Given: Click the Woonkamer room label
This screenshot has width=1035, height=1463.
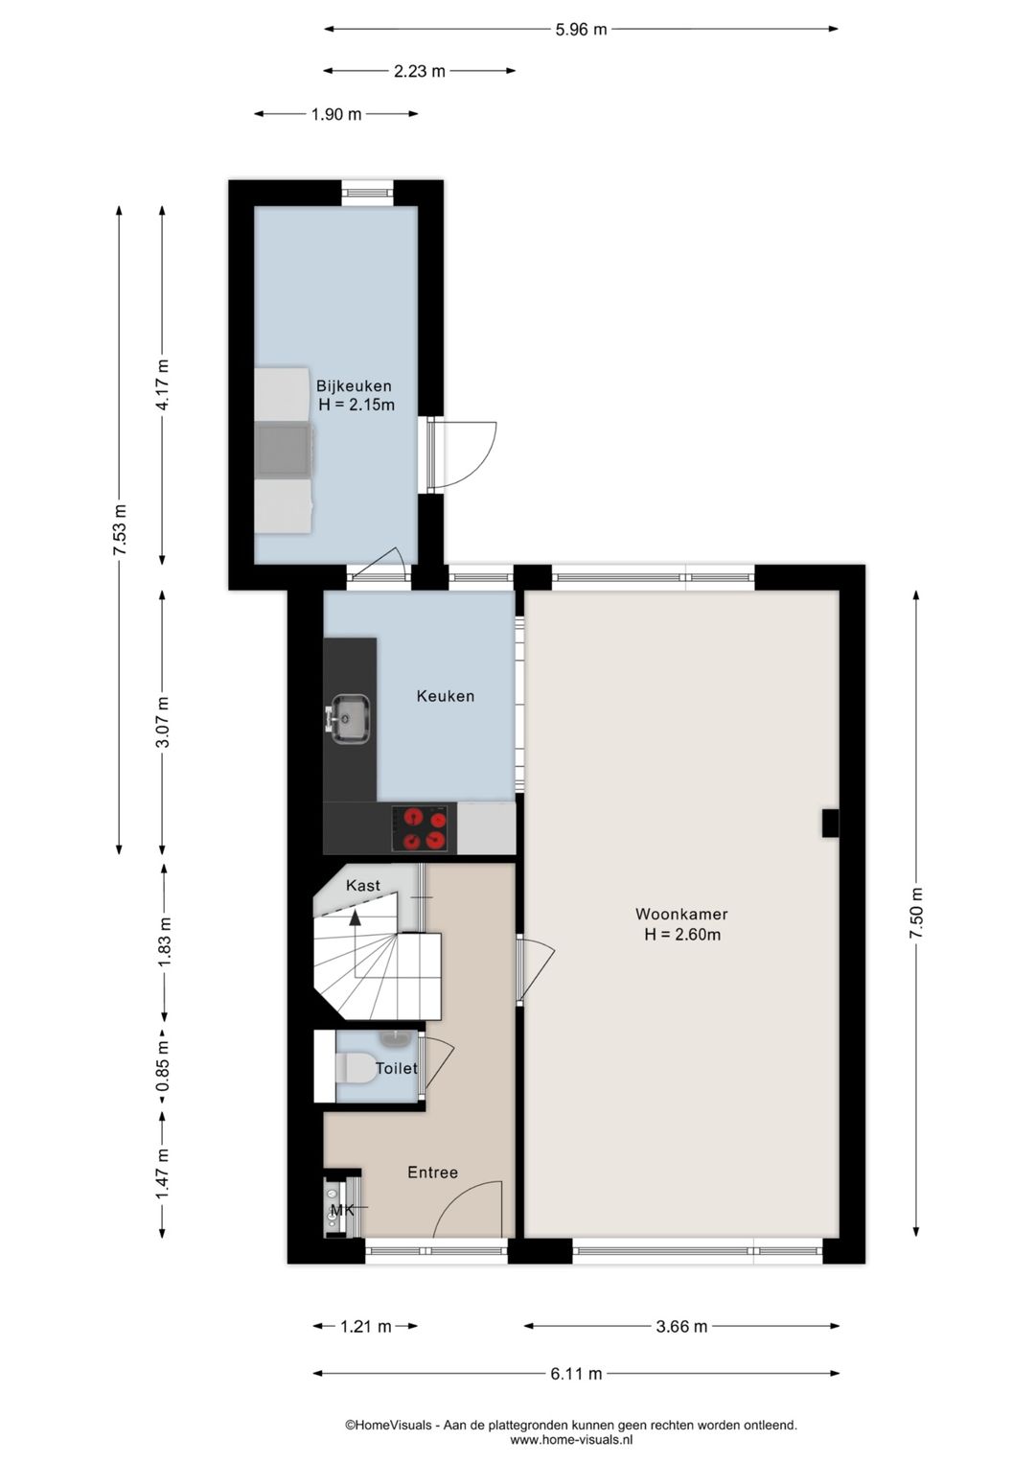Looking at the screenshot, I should [681, 915].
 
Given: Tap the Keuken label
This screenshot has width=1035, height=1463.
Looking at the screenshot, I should [445, 696].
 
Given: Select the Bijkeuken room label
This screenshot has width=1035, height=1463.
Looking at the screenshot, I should [354, 386].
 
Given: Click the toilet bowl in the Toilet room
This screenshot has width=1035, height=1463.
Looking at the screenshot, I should [357, 1067].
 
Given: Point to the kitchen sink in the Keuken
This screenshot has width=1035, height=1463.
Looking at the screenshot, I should [350, 717].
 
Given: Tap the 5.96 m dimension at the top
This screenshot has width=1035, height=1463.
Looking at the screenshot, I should [581, 30].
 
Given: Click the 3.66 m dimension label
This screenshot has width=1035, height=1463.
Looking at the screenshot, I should [681, 1327].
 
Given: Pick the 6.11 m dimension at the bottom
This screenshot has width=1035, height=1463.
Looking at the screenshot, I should [576, 1374].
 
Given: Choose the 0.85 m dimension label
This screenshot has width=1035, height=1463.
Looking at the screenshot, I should [163, 1065].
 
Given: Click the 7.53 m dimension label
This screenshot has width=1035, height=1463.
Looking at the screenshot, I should [120, 530].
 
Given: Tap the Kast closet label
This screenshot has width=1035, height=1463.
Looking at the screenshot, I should [362, 886].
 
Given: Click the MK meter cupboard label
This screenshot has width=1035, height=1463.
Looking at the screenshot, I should [342, 1211].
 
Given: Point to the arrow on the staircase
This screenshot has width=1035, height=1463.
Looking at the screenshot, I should [356, 918].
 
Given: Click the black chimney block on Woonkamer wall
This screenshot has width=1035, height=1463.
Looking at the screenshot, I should [830, 823].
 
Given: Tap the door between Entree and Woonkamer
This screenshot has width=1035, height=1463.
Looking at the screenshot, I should [536, 968].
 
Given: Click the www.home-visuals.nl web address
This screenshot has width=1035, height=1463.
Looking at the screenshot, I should [571, 1439].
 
